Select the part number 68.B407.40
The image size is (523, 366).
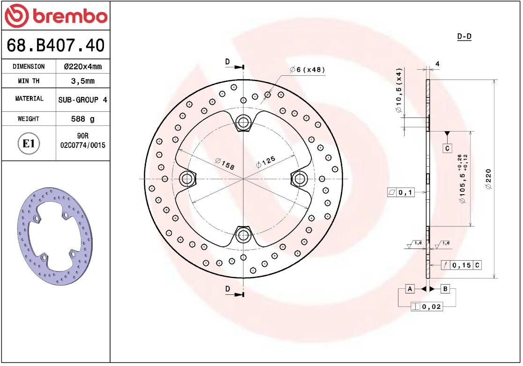click(55, 45)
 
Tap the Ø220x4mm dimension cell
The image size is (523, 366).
click(82, 66)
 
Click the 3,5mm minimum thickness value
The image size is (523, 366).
click(82, 81)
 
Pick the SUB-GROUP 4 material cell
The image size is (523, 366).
click(82, 100)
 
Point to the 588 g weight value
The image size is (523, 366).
click(82, 119)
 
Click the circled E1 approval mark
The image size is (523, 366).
click(29, 143)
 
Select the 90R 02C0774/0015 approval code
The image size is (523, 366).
click(82, 141)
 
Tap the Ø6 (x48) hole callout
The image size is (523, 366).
click(307, 70)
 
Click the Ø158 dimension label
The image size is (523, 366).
click(224, 164)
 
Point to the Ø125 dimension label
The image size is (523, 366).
click(265, 161)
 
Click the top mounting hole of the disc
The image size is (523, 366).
click(243, 123)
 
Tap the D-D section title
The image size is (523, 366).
click(464, 37)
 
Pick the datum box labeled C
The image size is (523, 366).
click(447, 148)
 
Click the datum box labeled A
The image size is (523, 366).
click(410, 289)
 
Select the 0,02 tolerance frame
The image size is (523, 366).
click(427, 307)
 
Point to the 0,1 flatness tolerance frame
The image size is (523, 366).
click(401, 192)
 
